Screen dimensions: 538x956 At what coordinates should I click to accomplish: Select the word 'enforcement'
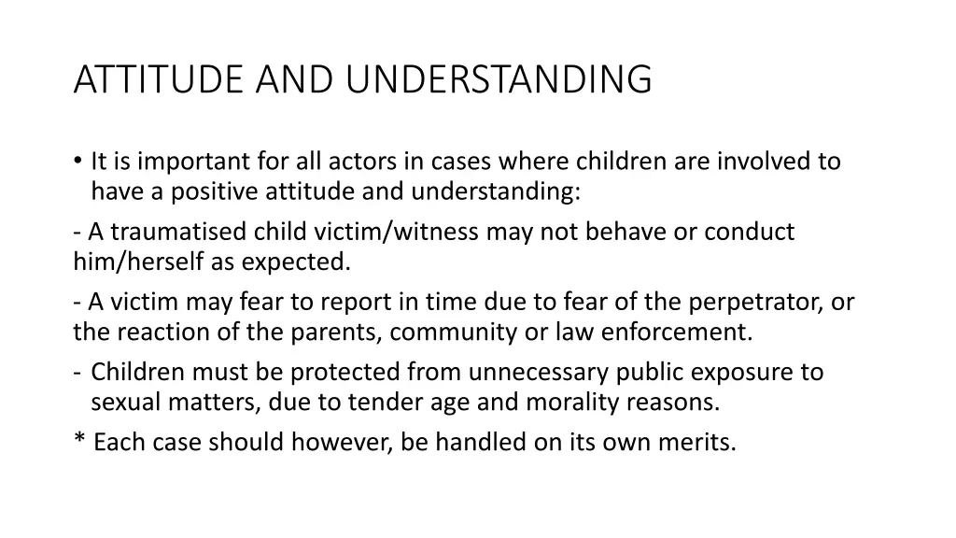click(x=693, y=333)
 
